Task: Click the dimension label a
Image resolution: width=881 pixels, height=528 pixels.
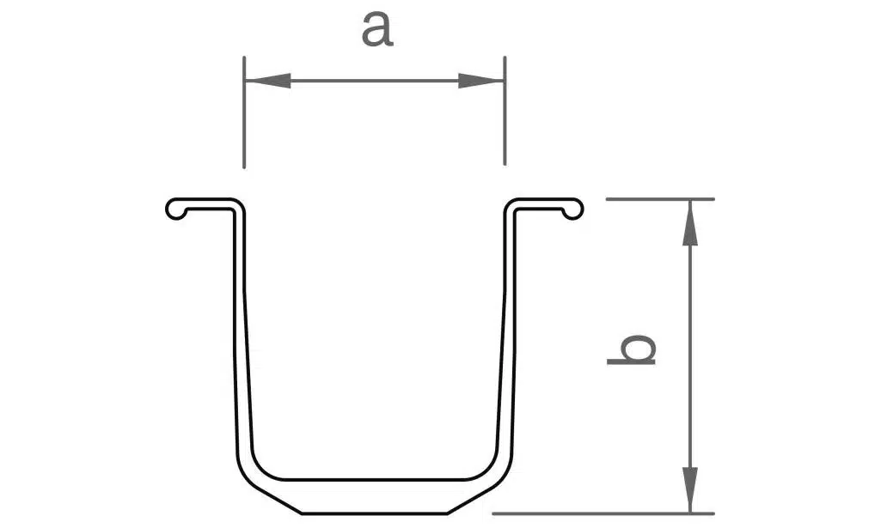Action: coord(376,29)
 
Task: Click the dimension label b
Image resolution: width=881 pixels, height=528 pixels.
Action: coord(632,350)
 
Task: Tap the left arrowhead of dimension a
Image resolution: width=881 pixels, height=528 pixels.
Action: coord(268,81)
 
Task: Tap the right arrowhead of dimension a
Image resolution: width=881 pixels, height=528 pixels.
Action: coord(481,81)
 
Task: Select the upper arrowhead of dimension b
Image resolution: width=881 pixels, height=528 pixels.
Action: coord(690,222)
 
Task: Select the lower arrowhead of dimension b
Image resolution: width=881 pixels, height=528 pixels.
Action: coord(690,490)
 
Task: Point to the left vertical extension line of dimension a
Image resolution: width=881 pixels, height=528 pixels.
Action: coord(244,112)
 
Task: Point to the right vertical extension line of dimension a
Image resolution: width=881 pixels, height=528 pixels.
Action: coord(505,111)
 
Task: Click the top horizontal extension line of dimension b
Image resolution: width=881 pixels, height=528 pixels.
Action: coord(660,199)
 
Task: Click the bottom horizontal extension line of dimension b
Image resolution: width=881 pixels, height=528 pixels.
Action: coord(603,513)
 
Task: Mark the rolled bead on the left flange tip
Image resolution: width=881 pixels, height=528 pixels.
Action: coord(176,209)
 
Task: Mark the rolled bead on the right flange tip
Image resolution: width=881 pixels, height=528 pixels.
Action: coord(572,209)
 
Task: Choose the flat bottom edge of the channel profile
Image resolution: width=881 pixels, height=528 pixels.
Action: coord(375,513)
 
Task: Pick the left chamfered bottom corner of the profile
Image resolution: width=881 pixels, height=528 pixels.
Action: coord(272,496)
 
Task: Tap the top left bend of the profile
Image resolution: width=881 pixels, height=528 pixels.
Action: coord(238,205)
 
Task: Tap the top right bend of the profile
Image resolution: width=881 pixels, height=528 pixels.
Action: coord(511,205)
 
